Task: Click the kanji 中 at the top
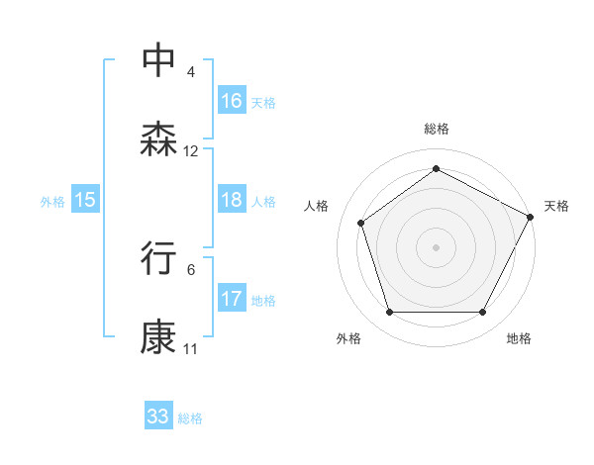click(159, 59)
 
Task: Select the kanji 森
click(159, 139)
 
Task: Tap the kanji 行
click(159, 257)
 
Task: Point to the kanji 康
click(159, 337)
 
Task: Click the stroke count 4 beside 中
click(190, 72)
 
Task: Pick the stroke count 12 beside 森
click(191, 151)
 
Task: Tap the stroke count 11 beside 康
click(191, 349)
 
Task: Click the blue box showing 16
click(232, 101)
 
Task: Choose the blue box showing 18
click(232, 200)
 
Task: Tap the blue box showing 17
click(232, 299)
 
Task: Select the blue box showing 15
click(85, 200)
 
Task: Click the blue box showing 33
click(158, 417)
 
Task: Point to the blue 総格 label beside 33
click(190, 418)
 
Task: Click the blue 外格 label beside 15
click(52, 202)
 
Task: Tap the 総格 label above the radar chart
click(436, 129)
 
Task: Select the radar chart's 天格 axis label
click(556, 206)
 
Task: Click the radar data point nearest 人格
click(361, 223)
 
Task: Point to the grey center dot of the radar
click(436, 246)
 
